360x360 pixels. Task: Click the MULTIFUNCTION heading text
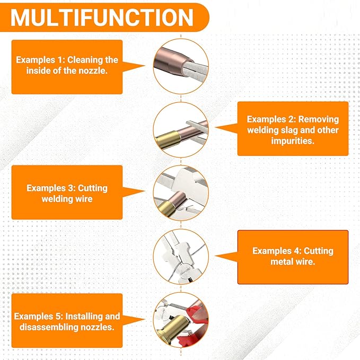[x=102, y=17]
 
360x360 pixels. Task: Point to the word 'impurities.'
[x=293, y=141]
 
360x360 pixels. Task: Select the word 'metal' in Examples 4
[x=281, y=262]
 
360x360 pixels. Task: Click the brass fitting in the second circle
[x=168, y=139]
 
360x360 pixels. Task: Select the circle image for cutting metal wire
[x=181, y=257]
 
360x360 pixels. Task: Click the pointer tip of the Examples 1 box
[x=145, y=66]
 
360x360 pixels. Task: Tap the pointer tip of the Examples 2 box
[x=215, y=127]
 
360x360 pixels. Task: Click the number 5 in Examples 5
[x=58, y=317]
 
